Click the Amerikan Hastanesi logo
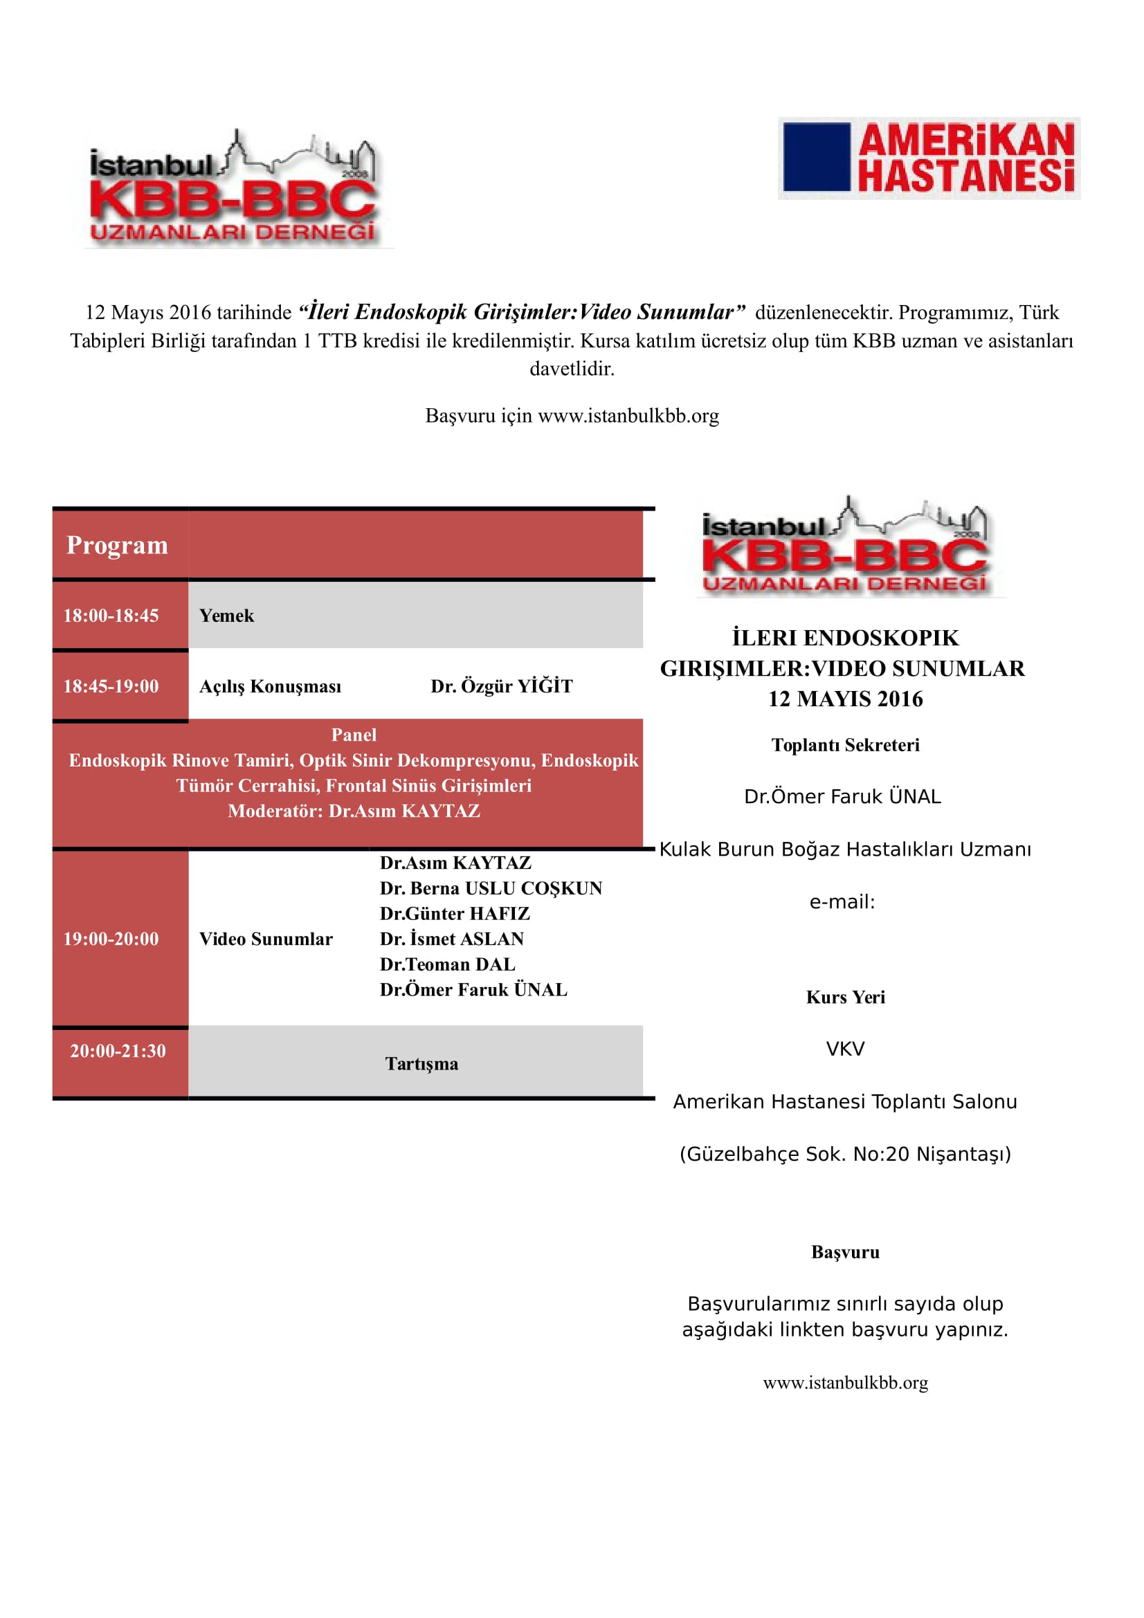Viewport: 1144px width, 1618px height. tap(928, 158)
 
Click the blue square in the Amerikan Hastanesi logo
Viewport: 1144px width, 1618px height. tap(816, 157)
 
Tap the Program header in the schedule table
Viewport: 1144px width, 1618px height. tap(117, 544)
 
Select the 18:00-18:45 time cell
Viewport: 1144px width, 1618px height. tap(111, 615)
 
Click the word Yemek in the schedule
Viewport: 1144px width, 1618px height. tap(226, 615)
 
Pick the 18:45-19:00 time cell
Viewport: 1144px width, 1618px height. tap(111, 686)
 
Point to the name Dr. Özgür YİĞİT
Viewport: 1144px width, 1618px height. tap(501, 686)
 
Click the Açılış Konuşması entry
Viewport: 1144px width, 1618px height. tap(270, 686)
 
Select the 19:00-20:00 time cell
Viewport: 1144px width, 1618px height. tap(111, 939)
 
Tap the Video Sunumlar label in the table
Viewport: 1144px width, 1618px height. tap(266, 939)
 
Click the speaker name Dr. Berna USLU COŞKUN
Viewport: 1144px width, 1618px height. tap(491, 888)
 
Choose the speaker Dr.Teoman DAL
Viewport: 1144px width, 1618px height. tap(447, 964)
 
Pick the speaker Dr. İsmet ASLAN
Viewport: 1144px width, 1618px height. tap(452, 939)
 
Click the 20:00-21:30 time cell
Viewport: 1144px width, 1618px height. tap(118, 1051)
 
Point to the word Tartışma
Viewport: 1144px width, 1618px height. tap(421, 1063)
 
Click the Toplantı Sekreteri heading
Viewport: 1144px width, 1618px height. tap(845, 745)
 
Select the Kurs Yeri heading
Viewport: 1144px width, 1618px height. tap(845, 998)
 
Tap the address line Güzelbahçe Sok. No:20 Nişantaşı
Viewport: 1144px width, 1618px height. tap(845, 1154)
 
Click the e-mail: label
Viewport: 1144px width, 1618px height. tap(842, 902)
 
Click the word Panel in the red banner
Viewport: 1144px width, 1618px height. tap(354, 735)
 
